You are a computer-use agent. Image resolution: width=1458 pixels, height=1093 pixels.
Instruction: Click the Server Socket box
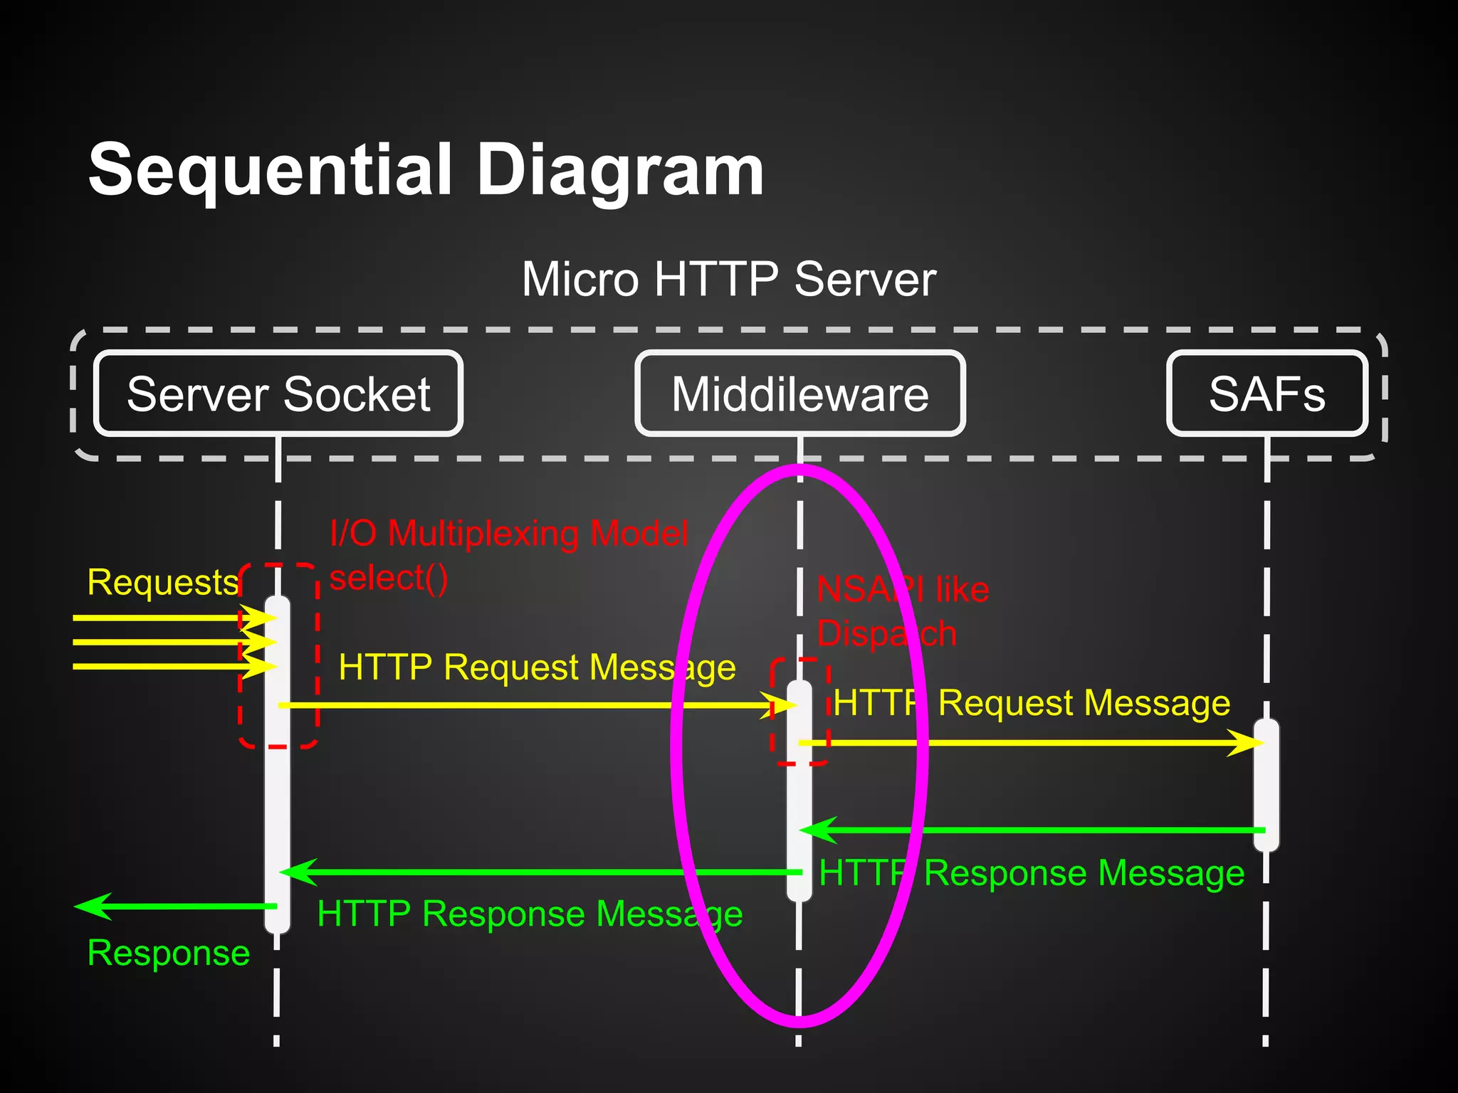278,394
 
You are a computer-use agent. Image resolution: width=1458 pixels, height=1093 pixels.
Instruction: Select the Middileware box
799,394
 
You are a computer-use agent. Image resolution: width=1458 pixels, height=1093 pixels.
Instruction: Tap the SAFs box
1266,394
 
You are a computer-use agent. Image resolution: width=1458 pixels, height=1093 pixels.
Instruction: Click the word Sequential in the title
271,171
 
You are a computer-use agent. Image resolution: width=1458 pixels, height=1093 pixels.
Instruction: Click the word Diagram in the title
619,171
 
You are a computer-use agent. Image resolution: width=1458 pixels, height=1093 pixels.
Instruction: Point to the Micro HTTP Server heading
728,279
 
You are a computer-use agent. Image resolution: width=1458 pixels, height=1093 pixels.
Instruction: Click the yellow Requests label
162,582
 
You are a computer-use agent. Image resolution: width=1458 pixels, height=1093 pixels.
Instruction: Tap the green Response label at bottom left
168,953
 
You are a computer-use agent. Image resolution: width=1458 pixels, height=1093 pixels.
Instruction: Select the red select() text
389,577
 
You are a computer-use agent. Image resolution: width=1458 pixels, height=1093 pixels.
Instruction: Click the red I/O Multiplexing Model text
509,533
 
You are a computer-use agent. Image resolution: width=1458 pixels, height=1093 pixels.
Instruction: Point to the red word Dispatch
886,633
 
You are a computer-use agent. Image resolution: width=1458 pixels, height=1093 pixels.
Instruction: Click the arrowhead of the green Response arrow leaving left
91,907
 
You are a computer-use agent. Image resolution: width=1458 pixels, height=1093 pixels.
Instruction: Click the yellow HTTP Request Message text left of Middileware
537,667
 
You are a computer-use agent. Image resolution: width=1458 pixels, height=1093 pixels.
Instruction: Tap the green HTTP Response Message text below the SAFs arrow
1032,873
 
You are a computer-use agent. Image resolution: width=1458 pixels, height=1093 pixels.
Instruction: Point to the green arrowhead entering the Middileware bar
817,830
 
